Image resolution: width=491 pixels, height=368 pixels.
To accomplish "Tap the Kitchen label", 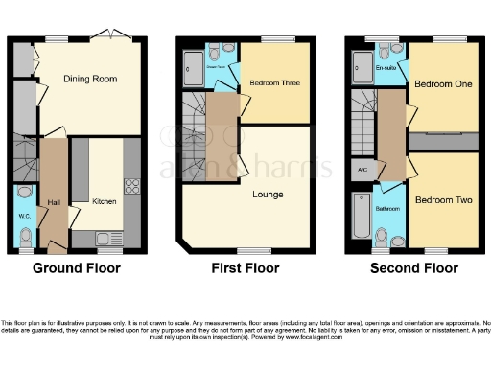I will coord(104,202).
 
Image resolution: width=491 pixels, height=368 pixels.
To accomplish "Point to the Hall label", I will coord(53,202).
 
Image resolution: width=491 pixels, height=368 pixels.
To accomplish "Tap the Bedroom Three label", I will coord(275,84).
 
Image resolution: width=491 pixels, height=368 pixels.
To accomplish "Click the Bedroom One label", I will coord(440,84).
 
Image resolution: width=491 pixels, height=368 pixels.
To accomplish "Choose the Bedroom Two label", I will coord(440,202).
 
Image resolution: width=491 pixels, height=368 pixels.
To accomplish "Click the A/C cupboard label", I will coord(362,171).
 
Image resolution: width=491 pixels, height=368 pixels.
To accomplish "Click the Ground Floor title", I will coord(77,268).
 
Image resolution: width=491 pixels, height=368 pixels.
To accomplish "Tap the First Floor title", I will coord(245,268).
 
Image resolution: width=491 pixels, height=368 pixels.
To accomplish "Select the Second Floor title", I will coord(414,268).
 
